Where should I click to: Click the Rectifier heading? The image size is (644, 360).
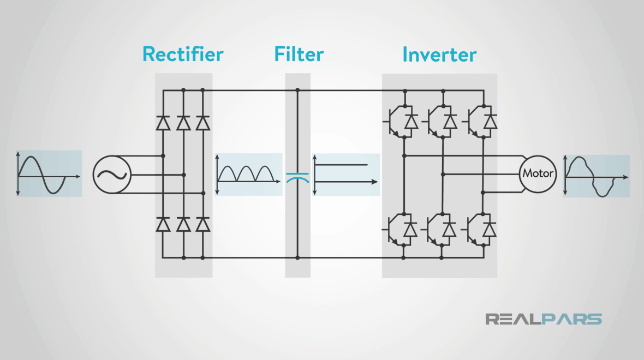pos(183,55)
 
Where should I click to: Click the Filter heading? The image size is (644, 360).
pos(299,55)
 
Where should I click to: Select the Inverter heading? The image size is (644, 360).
pos(439,55)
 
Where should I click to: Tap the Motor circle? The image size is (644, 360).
pos(538,174)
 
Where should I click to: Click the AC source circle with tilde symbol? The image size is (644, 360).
pos(112,175)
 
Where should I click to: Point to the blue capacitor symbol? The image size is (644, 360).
pos(297,176)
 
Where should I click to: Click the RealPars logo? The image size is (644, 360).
pos(544,319)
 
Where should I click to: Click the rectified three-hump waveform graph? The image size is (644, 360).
pos(249,174)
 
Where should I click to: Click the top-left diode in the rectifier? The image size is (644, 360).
pos(163,123)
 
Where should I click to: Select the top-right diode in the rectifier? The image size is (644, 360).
pos(203,123)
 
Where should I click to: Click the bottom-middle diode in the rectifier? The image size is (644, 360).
pos(183,224)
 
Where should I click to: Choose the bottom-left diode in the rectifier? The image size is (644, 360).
pos(163,224)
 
